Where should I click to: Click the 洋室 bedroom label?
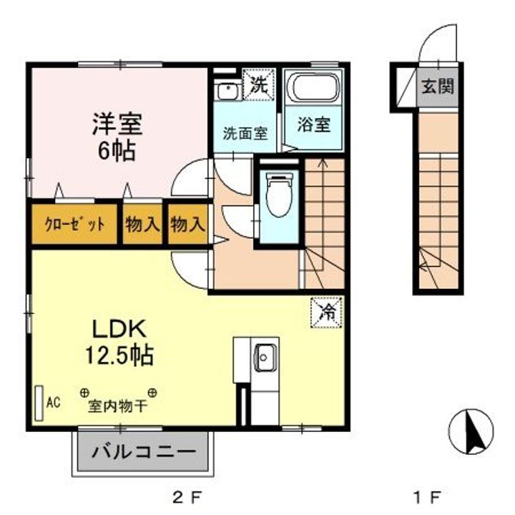point(117,124)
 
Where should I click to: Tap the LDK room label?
point(118,329)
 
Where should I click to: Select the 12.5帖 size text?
point(118,355)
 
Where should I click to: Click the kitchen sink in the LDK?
point(264,355)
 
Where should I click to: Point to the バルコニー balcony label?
point(144,453)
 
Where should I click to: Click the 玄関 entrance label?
point(436,87)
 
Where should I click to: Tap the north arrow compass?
point(471,432)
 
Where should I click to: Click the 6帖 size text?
point(117,151)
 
